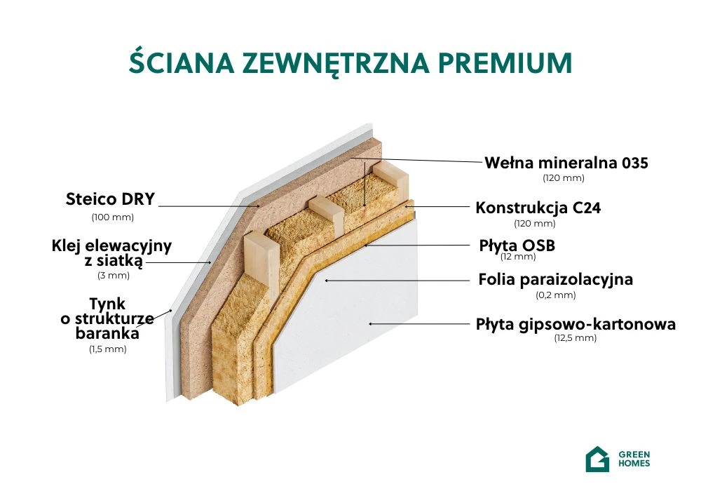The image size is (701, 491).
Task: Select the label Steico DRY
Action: pos(111,199)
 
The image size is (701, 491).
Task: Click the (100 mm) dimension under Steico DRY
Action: pos(113,217)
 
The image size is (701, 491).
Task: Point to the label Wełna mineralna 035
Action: pos(566,163)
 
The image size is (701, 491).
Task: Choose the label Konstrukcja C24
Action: pos(538,208)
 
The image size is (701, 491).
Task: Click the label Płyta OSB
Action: pos(517,245)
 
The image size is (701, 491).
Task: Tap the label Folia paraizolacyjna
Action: pos(556,279)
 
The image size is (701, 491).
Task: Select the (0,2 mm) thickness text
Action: pos(556,295)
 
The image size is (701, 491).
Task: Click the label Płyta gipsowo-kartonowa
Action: pos(576,324)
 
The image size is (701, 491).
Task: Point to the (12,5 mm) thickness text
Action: pos(576,338)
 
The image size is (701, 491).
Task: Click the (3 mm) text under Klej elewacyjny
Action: pos(114,276)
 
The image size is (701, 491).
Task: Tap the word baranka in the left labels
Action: pos(107,333)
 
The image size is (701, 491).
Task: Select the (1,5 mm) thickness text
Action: pos(108,349)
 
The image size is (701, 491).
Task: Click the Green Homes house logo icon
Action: pos(597,459)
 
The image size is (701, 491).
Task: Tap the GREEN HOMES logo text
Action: pos(634,459)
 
